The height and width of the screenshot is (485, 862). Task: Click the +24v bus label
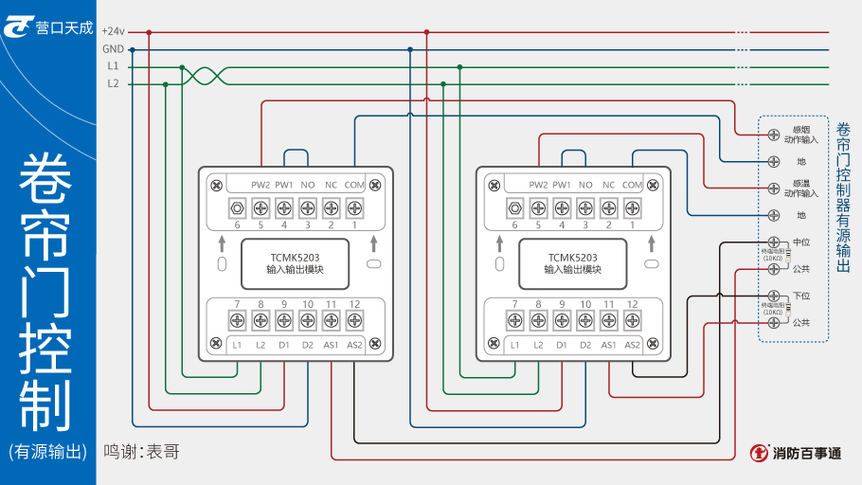(113, 31)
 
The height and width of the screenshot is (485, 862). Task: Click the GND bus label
(113, 49)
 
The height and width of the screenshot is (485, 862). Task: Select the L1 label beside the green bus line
(113, 66)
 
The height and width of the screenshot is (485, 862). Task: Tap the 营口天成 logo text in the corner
(63, 27)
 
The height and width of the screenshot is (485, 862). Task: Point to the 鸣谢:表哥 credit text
(141, 452)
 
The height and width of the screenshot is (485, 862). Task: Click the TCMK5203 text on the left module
(295, 257)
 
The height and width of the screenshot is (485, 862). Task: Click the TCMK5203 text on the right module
(572, 257)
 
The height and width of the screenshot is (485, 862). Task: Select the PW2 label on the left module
(260, 185)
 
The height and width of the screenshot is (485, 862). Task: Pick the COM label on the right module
(632, 185)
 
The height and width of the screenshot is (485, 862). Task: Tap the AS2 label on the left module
(354, 344)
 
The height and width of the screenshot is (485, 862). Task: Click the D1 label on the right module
(562, 344)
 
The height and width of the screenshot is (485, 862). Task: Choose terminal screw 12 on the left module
(354, 319)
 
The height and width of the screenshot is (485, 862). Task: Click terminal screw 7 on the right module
(515, 319)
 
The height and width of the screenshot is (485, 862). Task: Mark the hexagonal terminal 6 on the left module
(238, 207)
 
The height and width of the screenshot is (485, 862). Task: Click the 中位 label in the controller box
(800, 242)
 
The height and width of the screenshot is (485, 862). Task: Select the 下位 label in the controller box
(800, 296)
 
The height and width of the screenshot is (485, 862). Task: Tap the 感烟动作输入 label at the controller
(799, 134)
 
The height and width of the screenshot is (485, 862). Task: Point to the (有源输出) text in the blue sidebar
(47, 452)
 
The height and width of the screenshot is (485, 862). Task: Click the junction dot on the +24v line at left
(148, 32)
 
